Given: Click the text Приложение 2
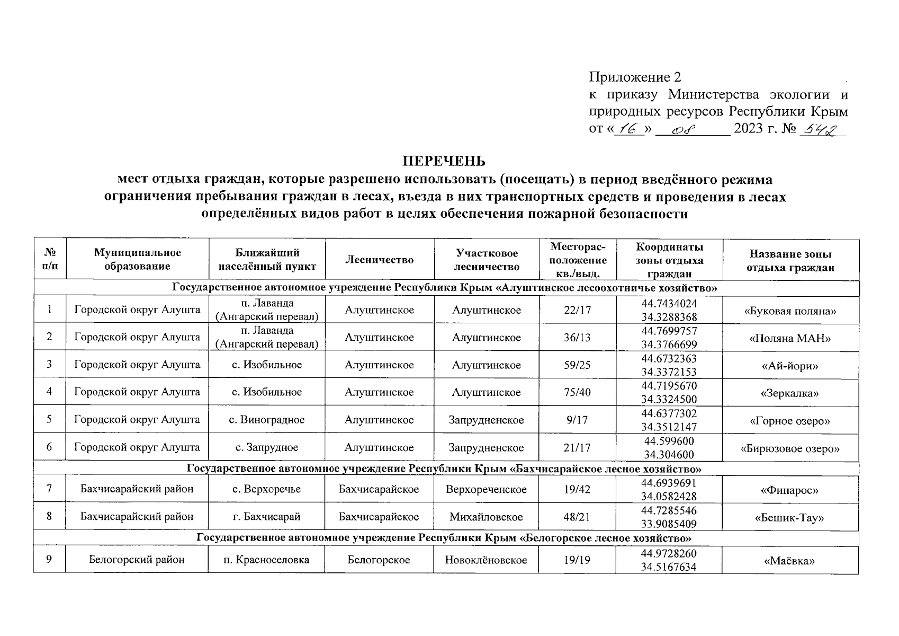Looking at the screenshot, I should pos(635,77).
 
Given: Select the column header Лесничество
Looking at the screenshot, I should pos(379,260).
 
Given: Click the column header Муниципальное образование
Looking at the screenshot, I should pos(137,260).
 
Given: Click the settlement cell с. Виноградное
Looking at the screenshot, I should pos(266,420).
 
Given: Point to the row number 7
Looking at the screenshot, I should pos(49,489).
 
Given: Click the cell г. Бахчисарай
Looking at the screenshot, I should pos(266,516).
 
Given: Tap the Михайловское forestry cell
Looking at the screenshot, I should pos(486,516).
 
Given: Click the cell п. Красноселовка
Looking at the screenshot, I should pos(266,560).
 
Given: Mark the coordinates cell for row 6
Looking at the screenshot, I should pos(669,447).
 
